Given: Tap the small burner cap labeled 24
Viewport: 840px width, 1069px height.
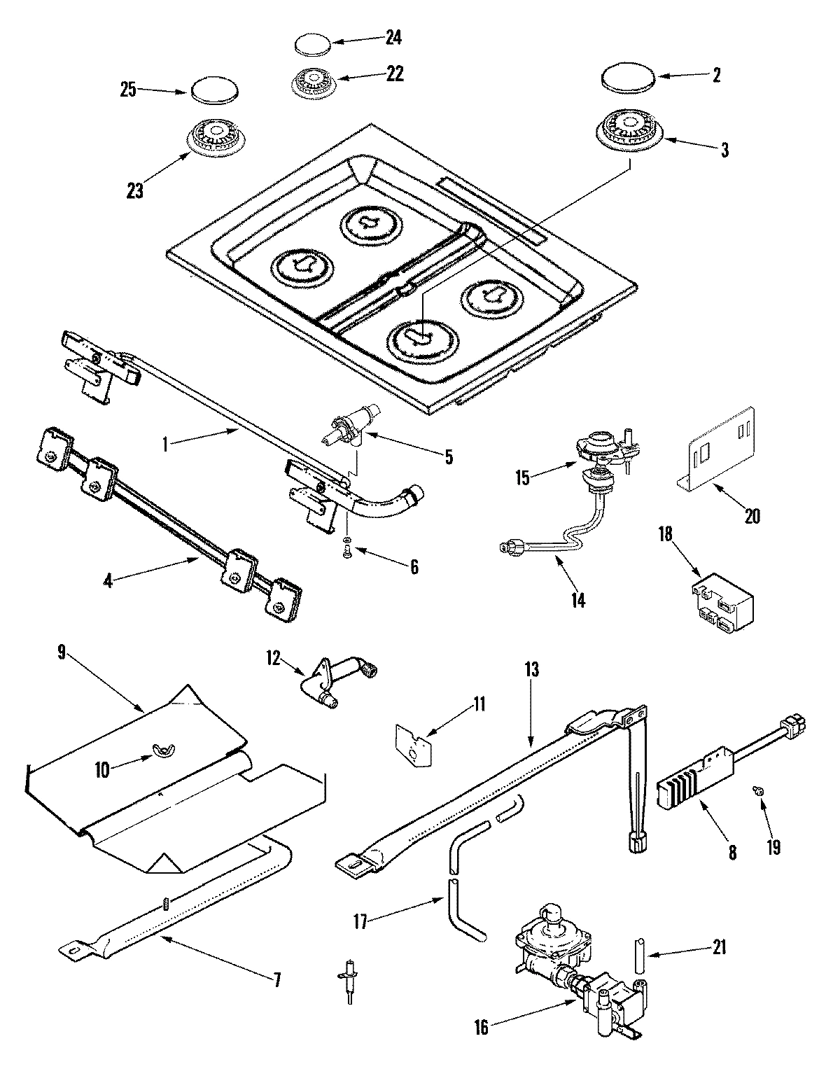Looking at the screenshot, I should (x=311, y=44).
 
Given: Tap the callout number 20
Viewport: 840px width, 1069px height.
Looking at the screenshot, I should (x=752, y=517).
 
